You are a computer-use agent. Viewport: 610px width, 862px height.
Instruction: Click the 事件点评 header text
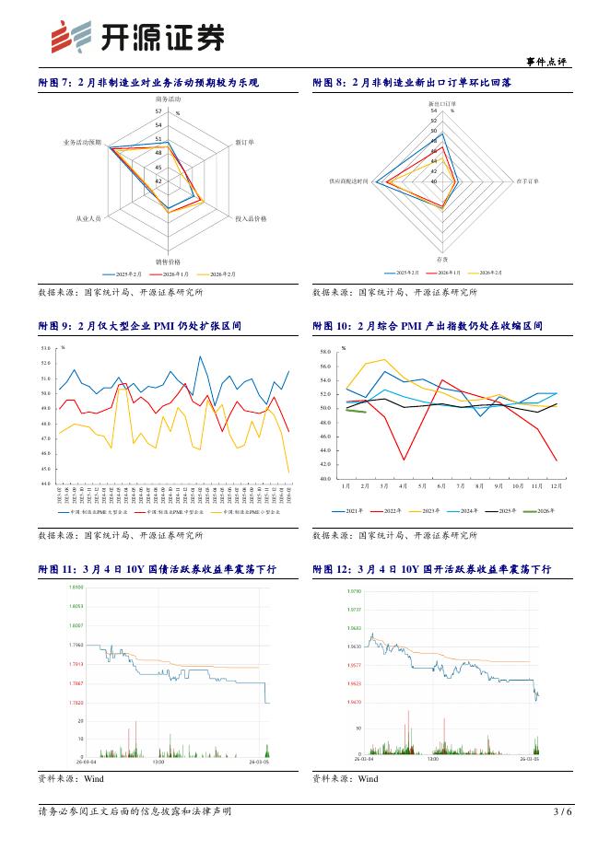[x=545, y=62]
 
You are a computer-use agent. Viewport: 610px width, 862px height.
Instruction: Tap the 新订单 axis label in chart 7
[x=245, y=143]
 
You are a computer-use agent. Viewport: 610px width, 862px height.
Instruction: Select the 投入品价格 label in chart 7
[x=251, y=218]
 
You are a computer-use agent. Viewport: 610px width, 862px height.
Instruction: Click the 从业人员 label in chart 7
[x=88, y=218]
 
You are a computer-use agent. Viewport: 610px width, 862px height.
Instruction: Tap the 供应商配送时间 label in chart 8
[x=349, y=181]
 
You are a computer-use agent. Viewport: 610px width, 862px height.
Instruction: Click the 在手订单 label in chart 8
[x=528, y=181]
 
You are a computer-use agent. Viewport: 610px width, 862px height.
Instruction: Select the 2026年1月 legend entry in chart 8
[x=452, y=274]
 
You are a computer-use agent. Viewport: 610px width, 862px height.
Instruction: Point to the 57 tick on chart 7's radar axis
[x=158, y=111]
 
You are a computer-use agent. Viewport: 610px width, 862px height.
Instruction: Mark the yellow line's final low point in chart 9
[x=288, y=472]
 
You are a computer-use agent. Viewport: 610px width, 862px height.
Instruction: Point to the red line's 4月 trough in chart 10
[x=404, y=460]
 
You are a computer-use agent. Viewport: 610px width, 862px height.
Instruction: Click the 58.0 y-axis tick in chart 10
[x=350, y=353]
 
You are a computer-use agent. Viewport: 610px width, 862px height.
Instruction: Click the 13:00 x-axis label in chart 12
[x=432, y=760]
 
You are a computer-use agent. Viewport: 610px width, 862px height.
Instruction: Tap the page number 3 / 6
[x=562, y=811]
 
